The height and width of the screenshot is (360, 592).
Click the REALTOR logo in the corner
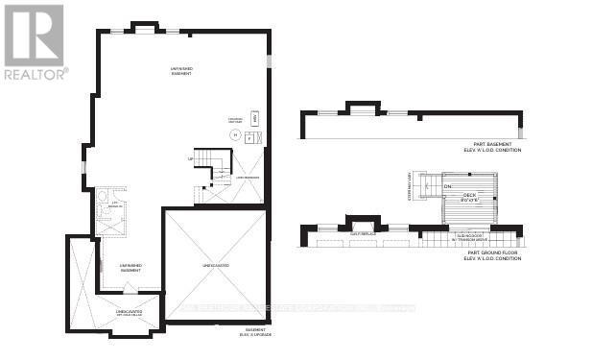coord(35,40)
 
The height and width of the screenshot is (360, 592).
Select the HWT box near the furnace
coord(254,119)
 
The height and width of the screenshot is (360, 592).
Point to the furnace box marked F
coord(249,137)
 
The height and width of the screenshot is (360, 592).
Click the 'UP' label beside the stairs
coord(190,158)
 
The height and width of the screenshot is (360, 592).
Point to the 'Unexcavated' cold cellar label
coord(130,313)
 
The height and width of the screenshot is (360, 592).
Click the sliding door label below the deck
coord(468,235)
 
